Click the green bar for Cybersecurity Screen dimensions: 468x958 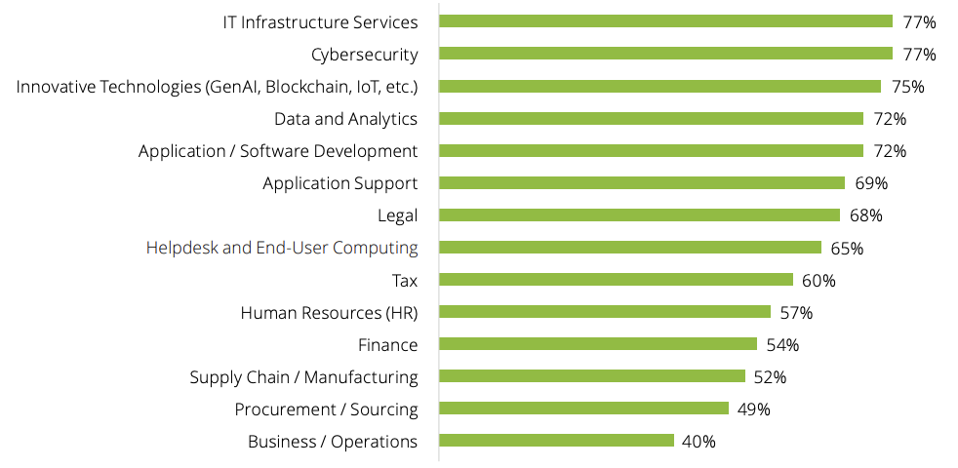coord(665,54)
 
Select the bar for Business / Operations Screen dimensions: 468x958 coord(556,441)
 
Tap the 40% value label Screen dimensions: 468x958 coord(699,442)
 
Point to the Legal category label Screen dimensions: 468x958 coord(397,215)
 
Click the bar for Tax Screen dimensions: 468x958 coord(616,280)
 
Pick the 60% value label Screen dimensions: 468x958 coord(818,281)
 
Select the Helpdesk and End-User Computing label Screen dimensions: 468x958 coord(282,248)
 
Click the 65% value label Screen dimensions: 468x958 coord(846,249)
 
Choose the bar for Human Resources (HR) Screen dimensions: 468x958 coord(605,312)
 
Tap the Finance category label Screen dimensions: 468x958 coord(387,345)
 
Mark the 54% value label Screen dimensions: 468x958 coord(782,345)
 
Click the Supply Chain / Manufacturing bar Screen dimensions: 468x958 coord(592,376)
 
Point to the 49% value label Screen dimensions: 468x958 coord(753,409)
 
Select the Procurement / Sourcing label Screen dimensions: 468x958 coord(326,409)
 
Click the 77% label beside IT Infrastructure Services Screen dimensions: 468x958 coord(919,21)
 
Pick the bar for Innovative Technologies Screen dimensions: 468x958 coord(659,86)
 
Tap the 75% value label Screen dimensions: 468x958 coord(907,87)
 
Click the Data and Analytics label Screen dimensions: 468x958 coord(345,119)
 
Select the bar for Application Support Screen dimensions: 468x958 coord(642,182)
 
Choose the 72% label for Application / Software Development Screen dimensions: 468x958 coord(890,151)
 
